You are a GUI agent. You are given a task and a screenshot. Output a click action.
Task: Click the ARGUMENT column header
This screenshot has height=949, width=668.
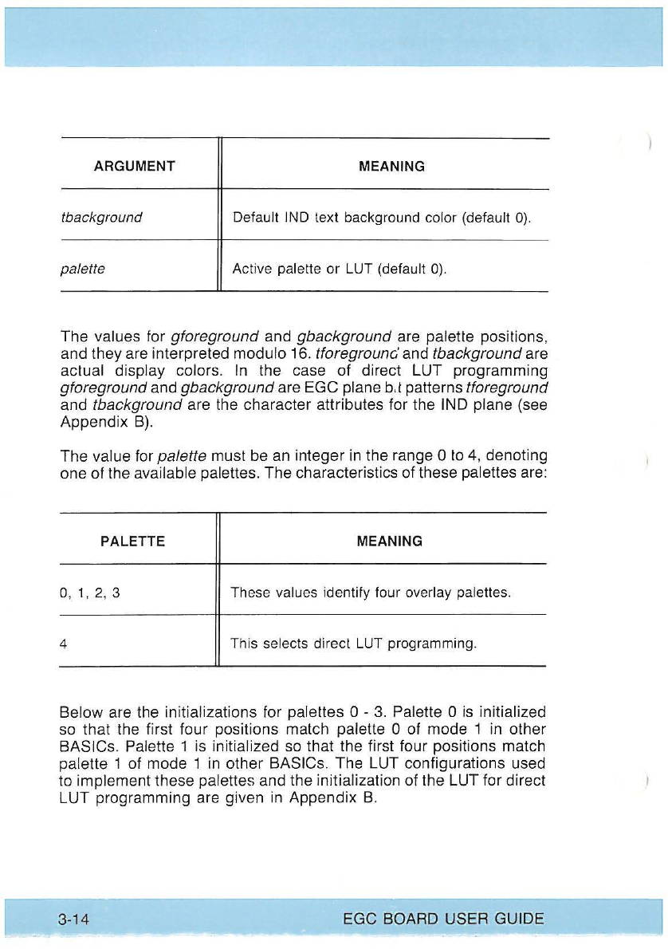pos(135,167)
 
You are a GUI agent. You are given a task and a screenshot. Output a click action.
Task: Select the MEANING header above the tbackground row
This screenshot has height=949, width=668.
pos(391,167)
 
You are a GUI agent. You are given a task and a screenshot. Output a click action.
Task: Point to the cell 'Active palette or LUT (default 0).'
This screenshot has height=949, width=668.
pos(339,270)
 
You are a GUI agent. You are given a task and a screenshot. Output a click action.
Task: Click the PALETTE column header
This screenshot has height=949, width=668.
pos(133,541)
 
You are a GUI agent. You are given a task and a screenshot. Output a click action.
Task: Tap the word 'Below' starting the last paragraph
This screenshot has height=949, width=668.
pos(79,711)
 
